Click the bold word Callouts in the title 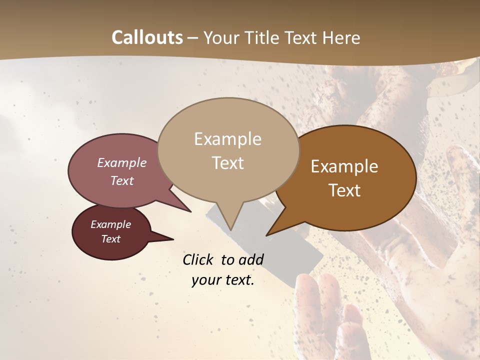click(x=147, y=38)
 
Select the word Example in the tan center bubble click(x=227, y=139)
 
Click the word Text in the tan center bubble click(x=227, y=163)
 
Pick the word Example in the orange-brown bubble click(x=344, y=166)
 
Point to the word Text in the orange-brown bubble click(x=344, y=190)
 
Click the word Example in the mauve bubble click(x=122, y=162)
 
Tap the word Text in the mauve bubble click(x=122, y=180)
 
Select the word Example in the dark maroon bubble click(x=111, y=224)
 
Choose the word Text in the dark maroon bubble click(x=111, y=239)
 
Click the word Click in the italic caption click(x=199, y=259)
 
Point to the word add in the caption click(x=251, y=259)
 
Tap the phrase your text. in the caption click(x=223, y=280)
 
